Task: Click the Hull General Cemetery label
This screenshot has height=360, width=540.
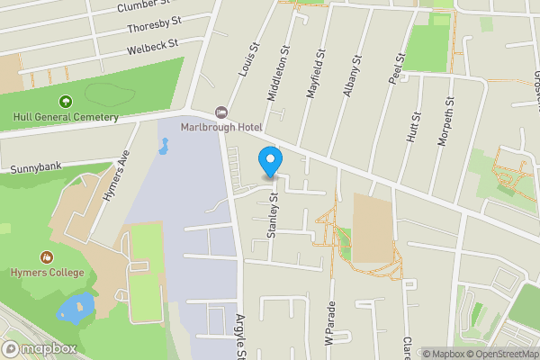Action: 66,117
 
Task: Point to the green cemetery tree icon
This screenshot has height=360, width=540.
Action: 65,102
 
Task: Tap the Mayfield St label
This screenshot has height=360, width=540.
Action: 314,75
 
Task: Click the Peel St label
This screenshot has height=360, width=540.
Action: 393,67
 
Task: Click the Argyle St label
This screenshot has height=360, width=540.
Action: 241,337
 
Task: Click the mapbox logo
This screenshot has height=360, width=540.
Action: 39,348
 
